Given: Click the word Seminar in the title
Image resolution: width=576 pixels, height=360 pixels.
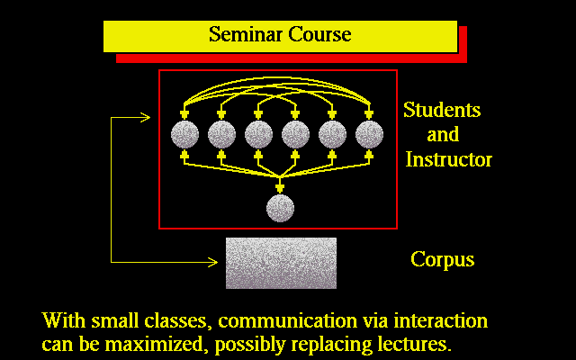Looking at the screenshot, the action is point(246,34).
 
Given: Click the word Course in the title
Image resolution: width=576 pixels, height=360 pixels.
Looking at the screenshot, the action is point(319,34).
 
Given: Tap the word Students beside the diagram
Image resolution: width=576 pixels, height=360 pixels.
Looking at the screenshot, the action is point(442,110).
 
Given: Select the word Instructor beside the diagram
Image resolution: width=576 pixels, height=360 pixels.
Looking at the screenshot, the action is point(448,159).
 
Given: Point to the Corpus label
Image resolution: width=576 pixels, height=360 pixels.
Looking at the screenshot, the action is point(442,260).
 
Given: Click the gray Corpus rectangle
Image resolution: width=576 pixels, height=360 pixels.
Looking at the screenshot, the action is point(281,263).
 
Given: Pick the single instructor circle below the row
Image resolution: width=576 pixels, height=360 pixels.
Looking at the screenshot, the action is point(280,208).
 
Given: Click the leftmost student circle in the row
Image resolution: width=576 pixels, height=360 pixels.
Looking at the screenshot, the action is point(184,134).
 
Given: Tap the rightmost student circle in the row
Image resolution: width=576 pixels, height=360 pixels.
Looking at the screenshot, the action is point(369,134).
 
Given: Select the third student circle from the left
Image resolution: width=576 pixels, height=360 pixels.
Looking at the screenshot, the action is point(258,134).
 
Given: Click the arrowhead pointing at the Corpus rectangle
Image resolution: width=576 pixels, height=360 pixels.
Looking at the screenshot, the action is point(213,262).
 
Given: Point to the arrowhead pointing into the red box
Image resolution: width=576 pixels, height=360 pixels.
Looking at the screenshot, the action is point(146,118).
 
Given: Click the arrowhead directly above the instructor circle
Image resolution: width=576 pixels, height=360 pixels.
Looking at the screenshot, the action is point(280,188).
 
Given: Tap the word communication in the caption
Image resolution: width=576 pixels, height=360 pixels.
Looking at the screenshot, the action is point(287,320).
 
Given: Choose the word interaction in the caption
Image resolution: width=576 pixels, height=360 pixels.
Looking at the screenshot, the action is point(441,320).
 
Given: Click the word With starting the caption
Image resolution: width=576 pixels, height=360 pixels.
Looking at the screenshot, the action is point(64,320).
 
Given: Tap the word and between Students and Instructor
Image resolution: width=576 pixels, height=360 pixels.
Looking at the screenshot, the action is point(443,134).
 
